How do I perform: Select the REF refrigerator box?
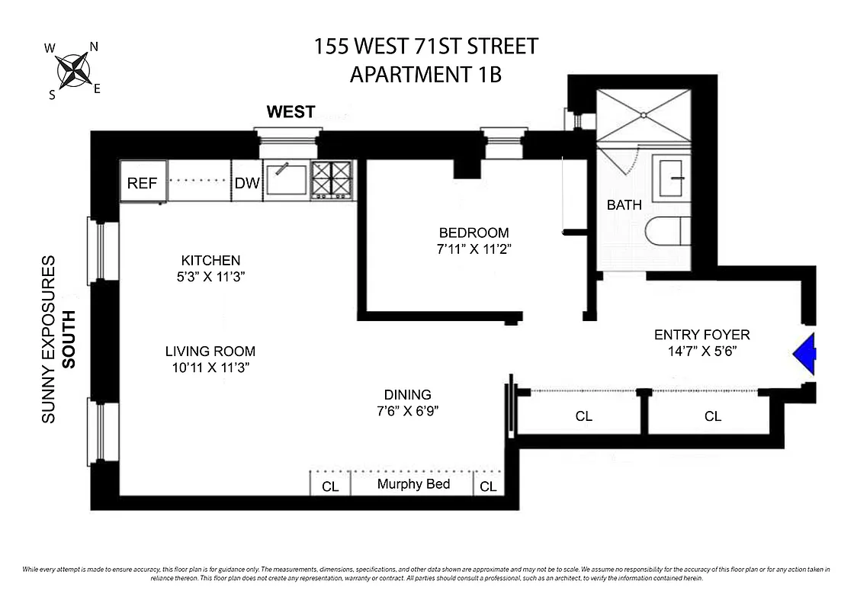(x=142, y=183)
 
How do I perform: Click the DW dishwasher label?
(x=246, y=183)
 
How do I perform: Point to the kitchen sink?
(x=286, y=180)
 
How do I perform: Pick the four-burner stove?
(x=332, y=180)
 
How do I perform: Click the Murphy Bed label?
(x=413, y=484)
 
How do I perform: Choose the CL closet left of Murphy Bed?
(x=330, y=486)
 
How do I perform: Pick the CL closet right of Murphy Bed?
(x=488, y=486)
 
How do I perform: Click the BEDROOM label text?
(x=473, y=233)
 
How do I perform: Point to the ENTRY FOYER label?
(x=701, y=334)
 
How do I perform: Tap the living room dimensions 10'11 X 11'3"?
(x=210, y=368)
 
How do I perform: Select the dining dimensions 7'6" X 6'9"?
(x=408, y=411)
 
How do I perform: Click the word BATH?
(x=624, y=204)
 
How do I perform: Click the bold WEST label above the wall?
(x=291, y=112)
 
